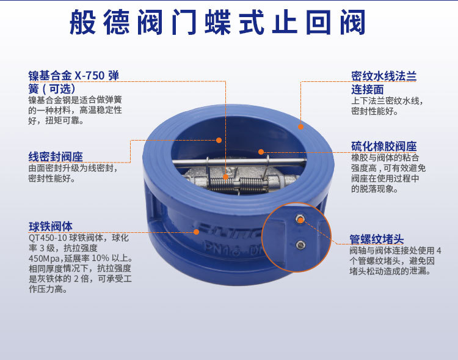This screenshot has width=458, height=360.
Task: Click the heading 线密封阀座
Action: coord(56,155)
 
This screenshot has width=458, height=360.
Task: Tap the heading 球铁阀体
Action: coord(51,226)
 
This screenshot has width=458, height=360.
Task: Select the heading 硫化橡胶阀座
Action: coord(383,147)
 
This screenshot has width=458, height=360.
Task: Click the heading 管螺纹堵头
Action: coord(376,239)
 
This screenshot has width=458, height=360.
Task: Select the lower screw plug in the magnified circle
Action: coord(300,245)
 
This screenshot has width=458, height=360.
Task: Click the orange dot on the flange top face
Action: coord(300,126)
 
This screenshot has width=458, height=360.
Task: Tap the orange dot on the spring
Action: coord(226,177)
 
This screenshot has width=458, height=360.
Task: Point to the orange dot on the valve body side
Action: coord(197,232)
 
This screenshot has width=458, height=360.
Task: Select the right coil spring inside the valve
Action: coord(251,184)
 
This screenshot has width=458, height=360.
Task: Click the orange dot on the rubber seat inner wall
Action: coord(261,152)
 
